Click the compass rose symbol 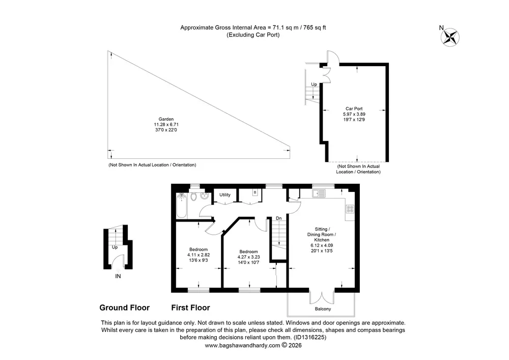point(450,37)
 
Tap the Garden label point(166,119)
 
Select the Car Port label point(354,109)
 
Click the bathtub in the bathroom point(182,206)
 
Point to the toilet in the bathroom point(193,197)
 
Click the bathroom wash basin point(204,196)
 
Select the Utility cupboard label point(225,195)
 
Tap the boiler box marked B point(255,192)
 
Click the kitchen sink point(319,193)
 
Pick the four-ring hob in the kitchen point(350,209)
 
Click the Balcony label point(323,309)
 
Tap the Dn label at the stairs point(278,218)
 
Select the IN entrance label point(118,276)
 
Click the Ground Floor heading point(124,308)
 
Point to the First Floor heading point(190,308)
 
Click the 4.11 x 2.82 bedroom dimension point(199,255)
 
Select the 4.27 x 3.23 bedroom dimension point(248,257)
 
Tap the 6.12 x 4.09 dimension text point(322,245)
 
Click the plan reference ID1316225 point(309,337)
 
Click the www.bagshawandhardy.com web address point(242,345)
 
